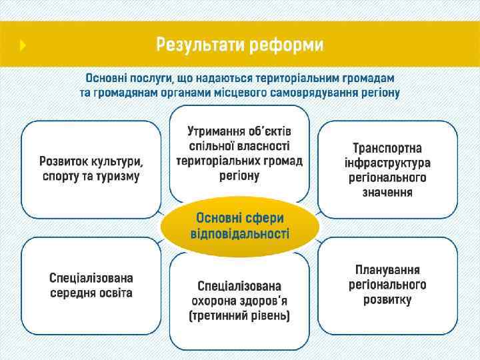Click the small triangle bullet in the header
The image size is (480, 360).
click(23, 45)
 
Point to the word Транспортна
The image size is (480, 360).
click(387, 147)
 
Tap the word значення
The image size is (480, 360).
click(387, 193)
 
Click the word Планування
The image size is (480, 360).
click(387, 270)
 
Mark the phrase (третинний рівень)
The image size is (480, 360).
click(239, 315)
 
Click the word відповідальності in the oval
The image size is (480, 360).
click(240, 235)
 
